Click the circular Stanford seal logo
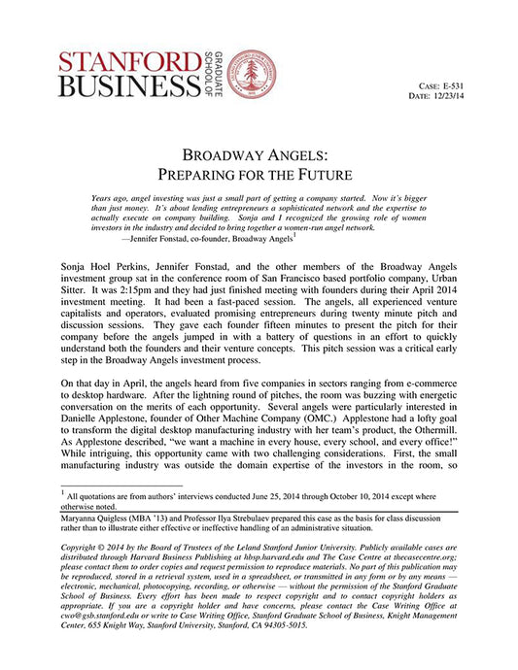point(250,73)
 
